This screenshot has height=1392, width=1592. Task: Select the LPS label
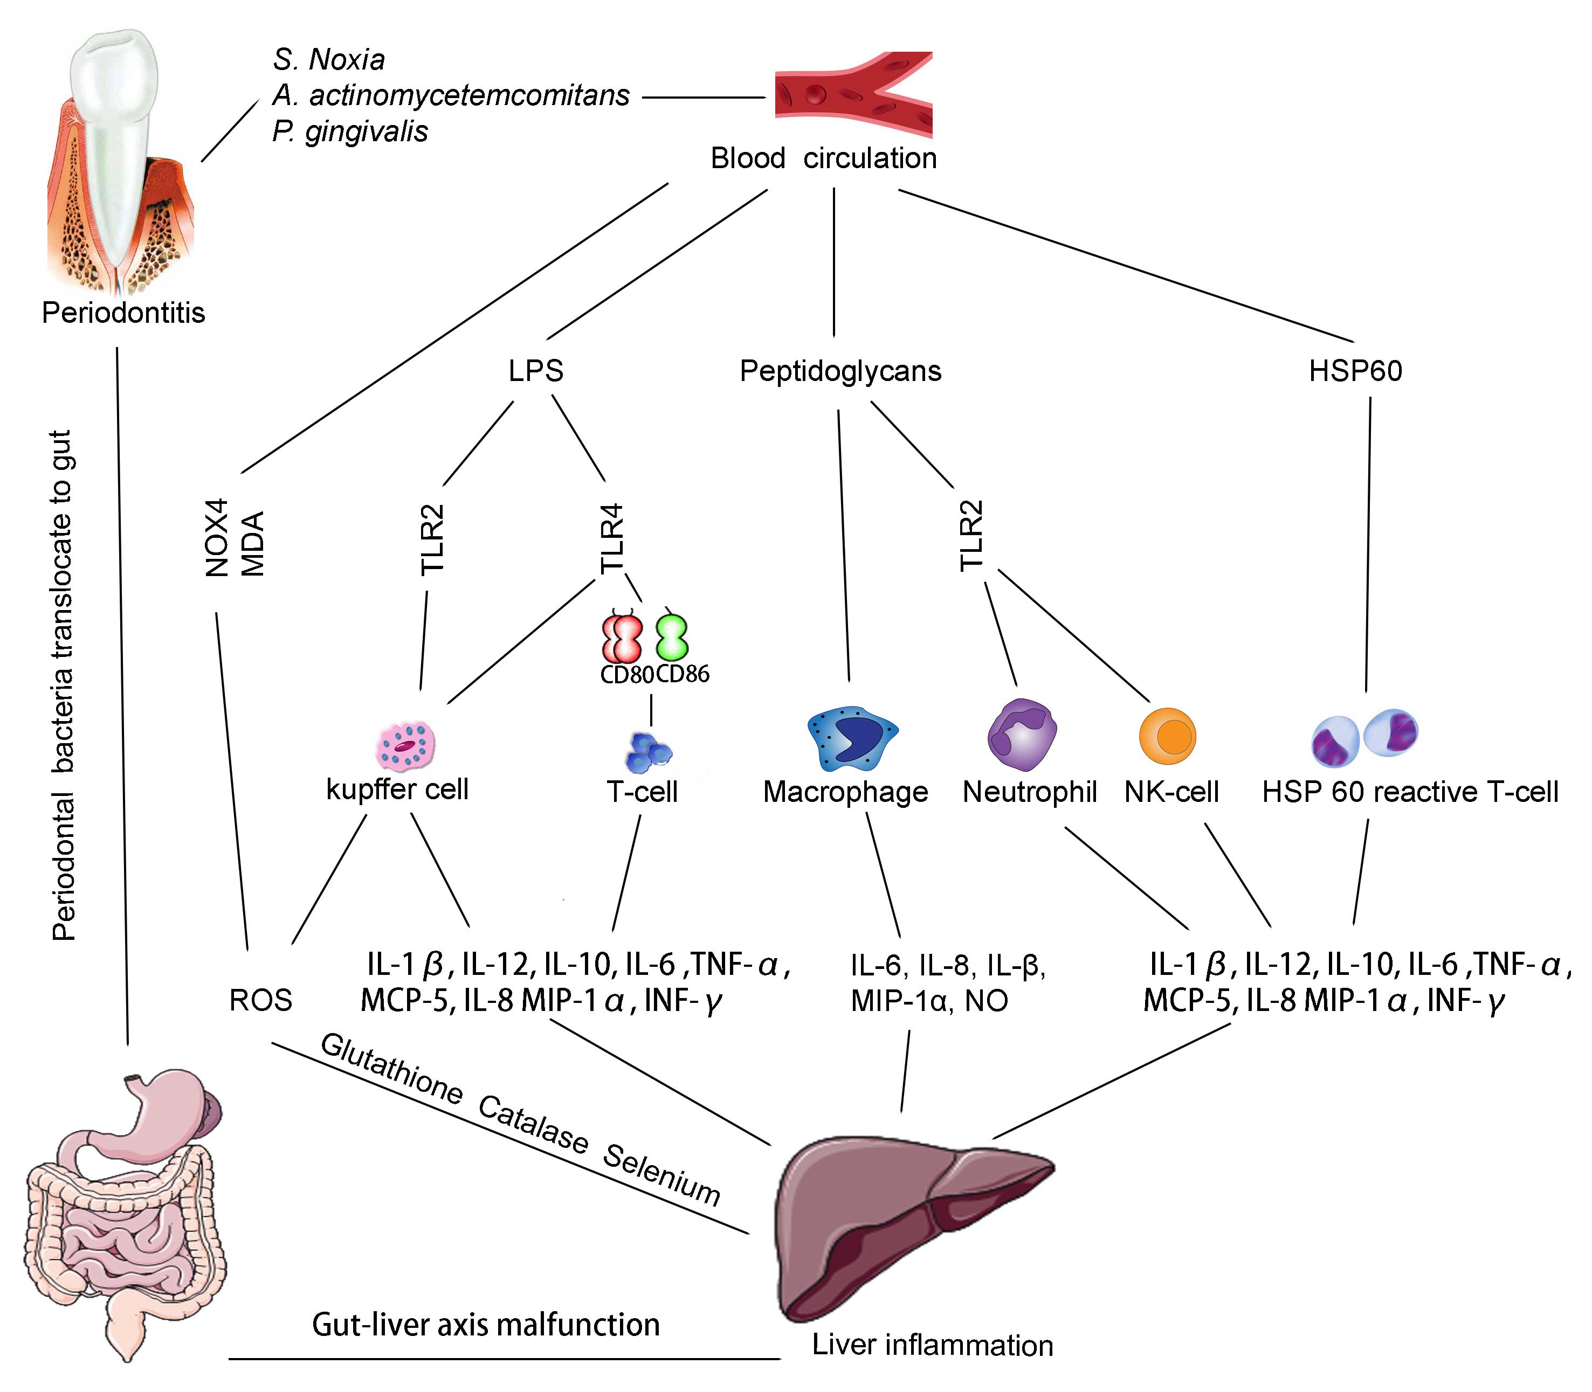(535, 371)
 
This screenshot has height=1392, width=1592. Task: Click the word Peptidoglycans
(840, 371)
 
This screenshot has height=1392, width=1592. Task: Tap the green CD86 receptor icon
(672, 637)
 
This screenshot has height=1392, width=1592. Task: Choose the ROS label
(260, 1001)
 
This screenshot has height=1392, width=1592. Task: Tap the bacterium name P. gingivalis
(350, 131)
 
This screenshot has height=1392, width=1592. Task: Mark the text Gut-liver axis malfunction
(486, 1325)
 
